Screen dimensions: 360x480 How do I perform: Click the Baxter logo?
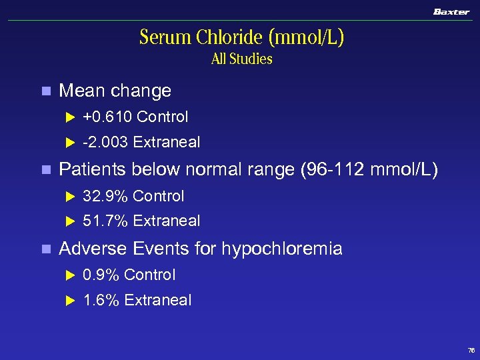[451, 11]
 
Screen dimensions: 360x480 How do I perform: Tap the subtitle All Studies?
[241, 59]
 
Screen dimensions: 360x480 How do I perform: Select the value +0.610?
[107, 117]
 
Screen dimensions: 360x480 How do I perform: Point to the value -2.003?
[105, 142]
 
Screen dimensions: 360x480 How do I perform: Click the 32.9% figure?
[105, 196]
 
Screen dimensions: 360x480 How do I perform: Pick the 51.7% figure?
[105, 221]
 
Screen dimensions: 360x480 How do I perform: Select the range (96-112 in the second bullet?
[330, 170]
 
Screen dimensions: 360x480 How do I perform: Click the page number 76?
[471, 350]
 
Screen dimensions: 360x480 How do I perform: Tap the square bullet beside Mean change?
[45, 91]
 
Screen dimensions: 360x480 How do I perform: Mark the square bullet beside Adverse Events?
[45, 249]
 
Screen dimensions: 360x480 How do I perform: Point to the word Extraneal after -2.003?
[167, 142]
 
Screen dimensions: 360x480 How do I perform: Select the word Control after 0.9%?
[149, 275]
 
